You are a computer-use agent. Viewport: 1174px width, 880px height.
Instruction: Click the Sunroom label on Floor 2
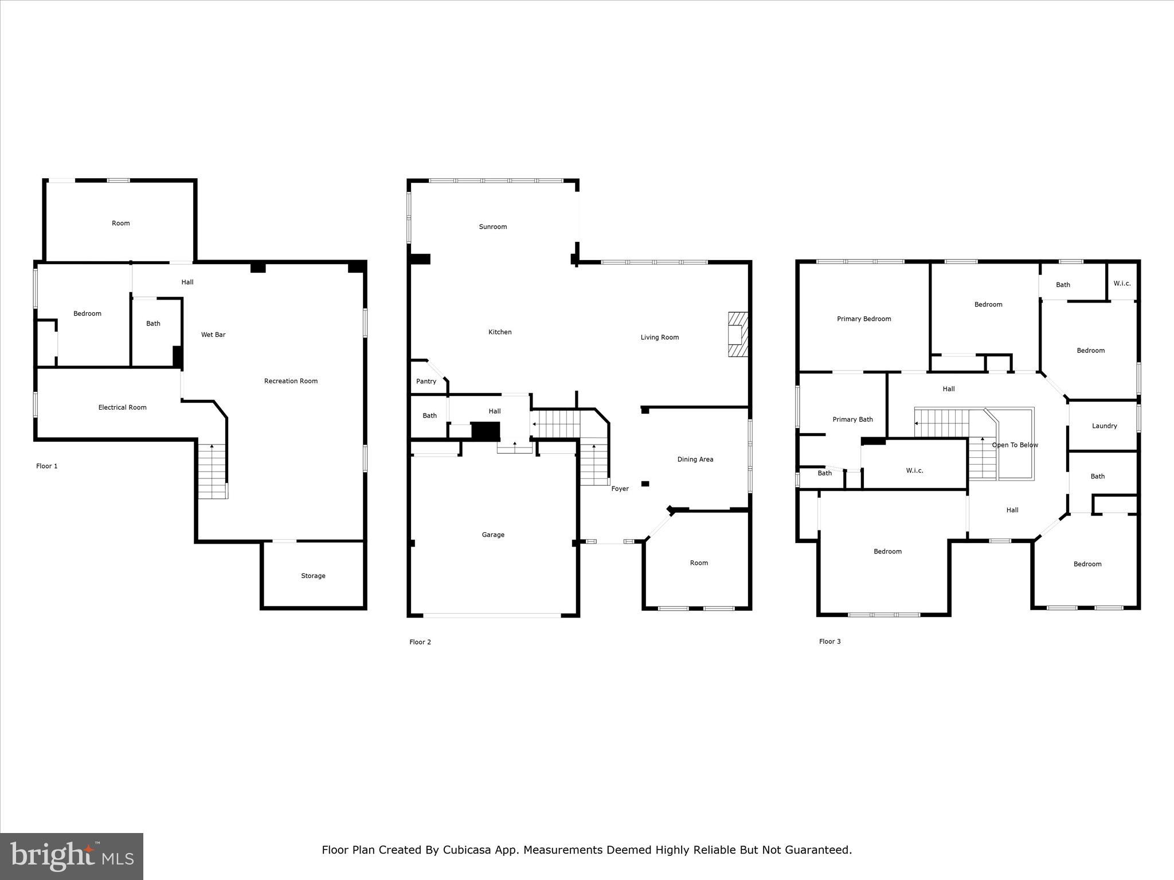pos(492,227)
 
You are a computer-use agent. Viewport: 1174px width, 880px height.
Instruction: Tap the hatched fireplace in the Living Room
pos(738,335)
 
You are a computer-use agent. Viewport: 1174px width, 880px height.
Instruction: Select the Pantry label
pos(426,382)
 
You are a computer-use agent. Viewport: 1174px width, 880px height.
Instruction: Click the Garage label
pos(493,535)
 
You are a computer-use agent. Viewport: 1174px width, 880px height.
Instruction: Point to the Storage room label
pos(313,576)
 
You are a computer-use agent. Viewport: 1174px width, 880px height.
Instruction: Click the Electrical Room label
pos(122,407)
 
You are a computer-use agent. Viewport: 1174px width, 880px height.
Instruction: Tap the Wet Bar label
pos(213,335)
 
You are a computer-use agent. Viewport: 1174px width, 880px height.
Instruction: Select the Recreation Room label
pos(291,381)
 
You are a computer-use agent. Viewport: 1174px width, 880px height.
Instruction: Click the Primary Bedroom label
pos(863,319)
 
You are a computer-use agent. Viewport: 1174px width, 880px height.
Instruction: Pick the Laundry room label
pos(1104,426)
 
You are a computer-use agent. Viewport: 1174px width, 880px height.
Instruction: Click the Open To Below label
pos(1015,445)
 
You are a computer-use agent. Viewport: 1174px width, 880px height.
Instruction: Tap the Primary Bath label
pos(852,419)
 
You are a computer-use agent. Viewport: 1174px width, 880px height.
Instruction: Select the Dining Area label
pos(695,459)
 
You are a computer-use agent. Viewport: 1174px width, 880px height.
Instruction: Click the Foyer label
pos(620,489)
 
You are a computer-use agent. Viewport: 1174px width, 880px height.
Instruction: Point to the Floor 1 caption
pos(47,466)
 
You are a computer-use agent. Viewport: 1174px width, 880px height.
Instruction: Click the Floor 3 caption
pos(829,642)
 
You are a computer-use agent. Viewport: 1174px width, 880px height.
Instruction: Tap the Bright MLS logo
pos(72,856)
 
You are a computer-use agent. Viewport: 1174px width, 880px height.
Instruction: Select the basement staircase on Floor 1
pos(213,472)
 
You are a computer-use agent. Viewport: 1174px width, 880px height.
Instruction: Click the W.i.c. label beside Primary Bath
pos(914,471)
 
